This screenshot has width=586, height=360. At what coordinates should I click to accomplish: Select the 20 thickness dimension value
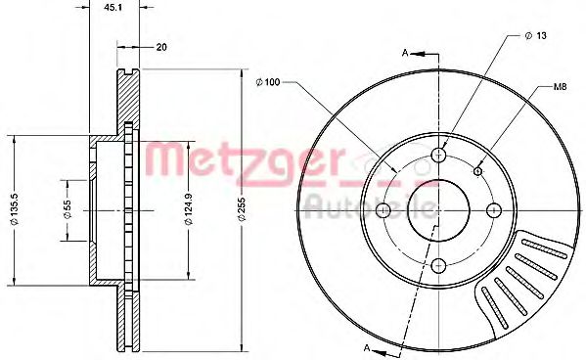(x=160, y=45)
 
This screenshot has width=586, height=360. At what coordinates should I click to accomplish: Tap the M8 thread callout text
(x=560, y=88)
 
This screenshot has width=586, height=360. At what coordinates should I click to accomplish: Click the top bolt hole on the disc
(x=439, y=156)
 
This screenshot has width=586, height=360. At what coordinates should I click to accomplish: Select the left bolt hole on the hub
(x=384, y=210)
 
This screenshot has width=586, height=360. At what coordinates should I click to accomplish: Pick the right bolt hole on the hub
(x=494, y=209)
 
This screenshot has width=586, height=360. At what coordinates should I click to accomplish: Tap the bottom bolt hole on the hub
(x=439, y=264)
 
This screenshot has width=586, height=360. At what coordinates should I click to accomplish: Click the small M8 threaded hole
(x=477, y=171)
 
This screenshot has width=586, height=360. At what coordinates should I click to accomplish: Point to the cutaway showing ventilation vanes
(x=518, y=279)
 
